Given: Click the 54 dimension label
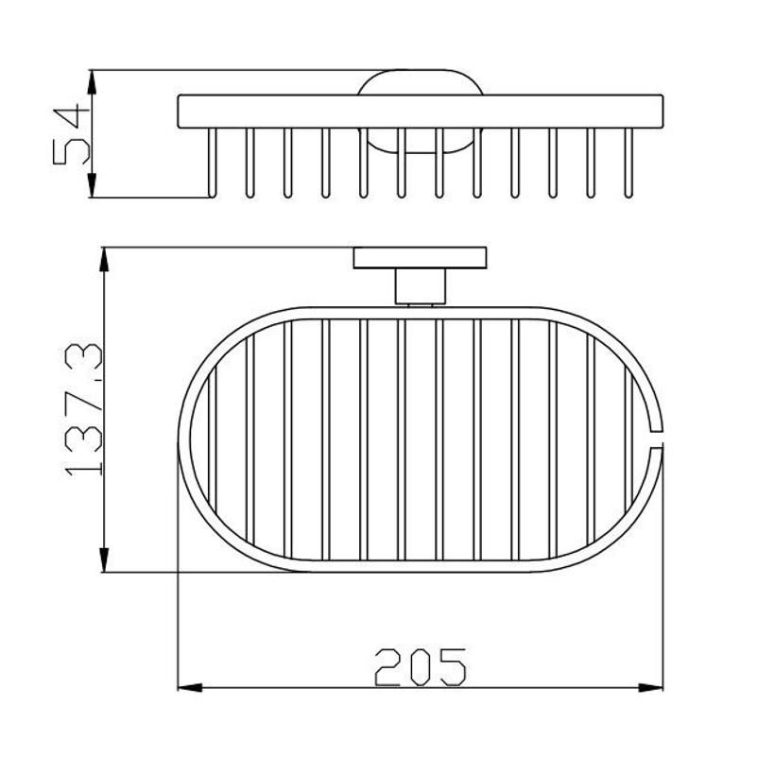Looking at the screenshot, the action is [x=72, y=136].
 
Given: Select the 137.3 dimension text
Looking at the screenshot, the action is [x=83, y=409].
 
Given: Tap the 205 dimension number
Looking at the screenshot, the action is [x=421, y=667].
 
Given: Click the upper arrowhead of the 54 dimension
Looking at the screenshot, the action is [x=92, y=81].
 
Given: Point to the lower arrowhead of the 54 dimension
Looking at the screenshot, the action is [x=92, y=185].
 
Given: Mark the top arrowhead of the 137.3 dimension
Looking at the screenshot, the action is [x=104, y=260].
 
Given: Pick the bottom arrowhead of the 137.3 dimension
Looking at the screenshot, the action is [x=104, y=560].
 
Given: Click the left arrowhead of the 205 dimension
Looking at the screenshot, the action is [x=190, y=687].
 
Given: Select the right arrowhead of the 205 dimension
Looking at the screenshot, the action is [x=650, y=687].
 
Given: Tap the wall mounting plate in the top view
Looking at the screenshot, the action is [x=420, y=258].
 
